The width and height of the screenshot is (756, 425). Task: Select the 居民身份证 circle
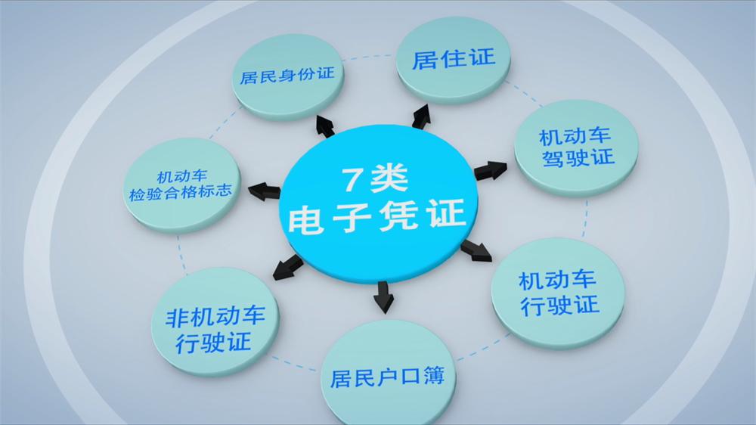click(288, 76)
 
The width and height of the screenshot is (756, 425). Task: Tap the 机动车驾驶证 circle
click(576, 147)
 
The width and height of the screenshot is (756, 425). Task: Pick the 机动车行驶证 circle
click(558, 293)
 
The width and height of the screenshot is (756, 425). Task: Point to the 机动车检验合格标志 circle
click(181, 185)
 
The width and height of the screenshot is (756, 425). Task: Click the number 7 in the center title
click(352, 179)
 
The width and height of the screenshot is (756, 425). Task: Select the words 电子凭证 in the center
click(376, 217)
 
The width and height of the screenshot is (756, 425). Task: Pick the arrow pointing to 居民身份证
click(324, 126)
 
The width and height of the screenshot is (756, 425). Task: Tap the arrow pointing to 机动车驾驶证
click(491, 171)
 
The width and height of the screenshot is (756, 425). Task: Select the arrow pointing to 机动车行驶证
click(476, 251)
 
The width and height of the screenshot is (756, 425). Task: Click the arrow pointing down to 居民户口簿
click(383, 297)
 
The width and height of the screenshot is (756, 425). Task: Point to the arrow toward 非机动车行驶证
click(288, 268)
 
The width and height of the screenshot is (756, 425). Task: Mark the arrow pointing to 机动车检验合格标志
click(264, 191)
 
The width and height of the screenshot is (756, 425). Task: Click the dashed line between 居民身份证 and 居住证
click(370, 57)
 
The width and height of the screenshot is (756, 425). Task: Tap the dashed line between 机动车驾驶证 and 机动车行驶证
click(585, 217)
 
